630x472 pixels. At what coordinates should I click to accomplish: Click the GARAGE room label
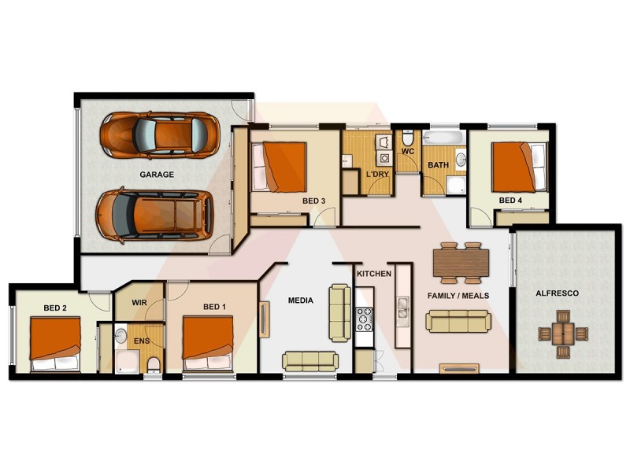point(157,175)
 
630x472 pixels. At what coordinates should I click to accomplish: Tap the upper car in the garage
point(158,135)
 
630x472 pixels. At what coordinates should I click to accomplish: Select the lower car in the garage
point(154,214)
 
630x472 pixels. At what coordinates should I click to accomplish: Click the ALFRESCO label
point(557,293)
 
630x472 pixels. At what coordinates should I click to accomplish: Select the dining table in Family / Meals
point(459,263)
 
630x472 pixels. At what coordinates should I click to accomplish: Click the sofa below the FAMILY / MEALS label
point(458,320)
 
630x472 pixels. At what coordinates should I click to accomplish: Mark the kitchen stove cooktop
point(365,319)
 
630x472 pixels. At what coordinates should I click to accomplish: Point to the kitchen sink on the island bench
point(403,308)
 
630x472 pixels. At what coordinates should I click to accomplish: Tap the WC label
point(408,150)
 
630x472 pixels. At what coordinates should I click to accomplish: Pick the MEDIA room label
point(300,301)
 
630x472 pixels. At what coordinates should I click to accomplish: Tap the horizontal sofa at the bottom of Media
point(310,360)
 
